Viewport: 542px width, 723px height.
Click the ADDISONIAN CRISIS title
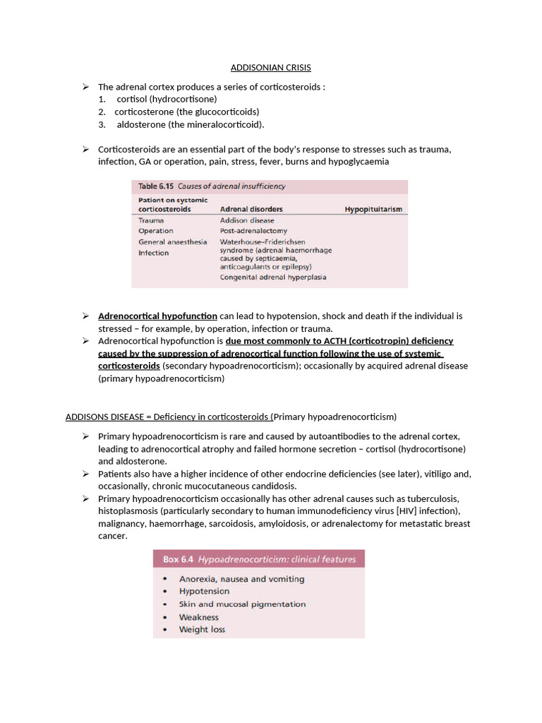point(271,68)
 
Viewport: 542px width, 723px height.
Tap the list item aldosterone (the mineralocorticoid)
point(191,124)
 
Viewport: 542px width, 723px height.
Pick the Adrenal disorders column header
point(251,210)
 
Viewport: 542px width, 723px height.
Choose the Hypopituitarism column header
point(373,210)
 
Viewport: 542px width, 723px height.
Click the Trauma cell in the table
point(151,220)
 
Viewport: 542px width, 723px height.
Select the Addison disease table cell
point(247,220)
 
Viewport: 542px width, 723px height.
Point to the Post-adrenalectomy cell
point(253,231)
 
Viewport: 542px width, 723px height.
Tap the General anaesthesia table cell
point(173,241)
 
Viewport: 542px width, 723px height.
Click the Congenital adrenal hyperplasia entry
point(273,277)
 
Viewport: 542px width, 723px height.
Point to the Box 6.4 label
point(180,559)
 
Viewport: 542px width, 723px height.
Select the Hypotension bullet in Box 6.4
point(204,591)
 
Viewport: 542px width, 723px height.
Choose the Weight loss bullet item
point(202,629)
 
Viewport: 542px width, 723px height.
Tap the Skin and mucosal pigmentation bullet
point(242,604)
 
